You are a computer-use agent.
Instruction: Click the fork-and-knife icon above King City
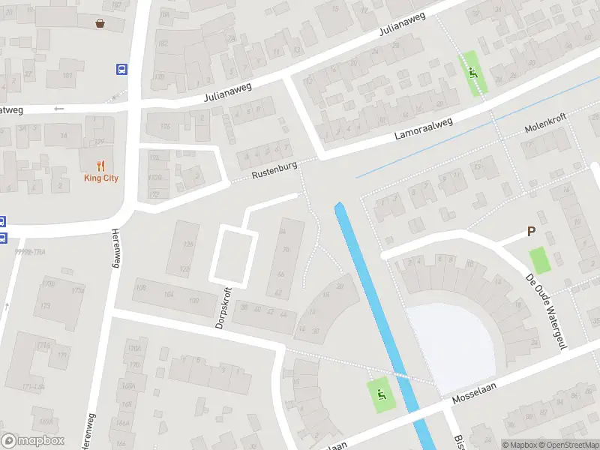point(100,166)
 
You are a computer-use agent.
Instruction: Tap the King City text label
point(100,178)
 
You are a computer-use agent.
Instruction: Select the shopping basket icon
point(100,22)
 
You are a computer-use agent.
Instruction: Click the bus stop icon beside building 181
point(121,69)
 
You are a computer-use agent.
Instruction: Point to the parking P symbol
point(532,232)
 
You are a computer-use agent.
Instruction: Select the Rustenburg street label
point(274,170)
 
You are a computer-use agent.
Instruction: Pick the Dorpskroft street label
point(221,307)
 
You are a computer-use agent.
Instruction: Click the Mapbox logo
point(32,441)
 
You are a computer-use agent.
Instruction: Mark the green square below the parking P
point(539,259)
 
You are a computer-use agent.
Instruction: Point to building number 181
point(67,76)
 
